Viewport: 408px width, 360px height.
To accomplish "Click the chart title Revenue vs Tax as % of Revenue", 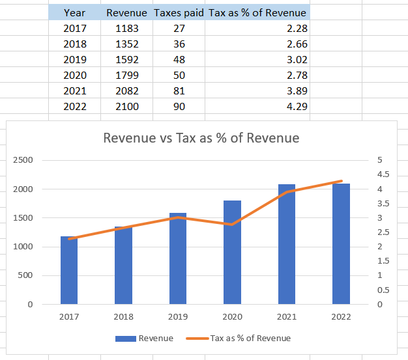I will [x=201, y=138].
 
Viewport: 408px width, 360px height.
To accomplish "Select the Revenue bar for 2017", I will [x=69, y=270].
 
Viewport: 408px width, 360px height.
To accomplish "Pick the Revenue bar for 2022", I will [x=341, y=244].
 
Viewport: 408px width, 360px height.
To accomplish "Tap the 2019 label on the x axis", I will [x=178, y=317].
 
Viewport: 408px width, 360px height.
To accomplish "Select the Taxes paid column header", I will [x=179, y=13].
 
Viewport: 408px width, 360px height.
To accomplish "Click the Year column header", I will [x=74, y=13].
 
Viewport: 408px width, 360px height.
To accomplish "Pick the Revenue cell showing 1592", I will [x=126, y=60].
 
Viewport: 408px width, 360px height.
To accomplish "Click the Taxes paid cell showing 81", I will [x=179, y=91].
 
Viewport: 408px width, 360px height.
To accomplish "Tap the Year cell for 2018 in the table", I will [x=74, y=44].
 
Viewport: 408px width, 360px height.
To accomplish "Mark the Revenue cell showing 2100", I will [x=126, y=107].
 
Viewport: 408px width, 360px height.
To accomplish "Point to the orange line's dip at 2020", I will [x=232, y=224].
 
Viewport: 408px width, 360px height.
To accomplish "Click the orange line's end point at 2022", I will [x=341, y=181].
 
